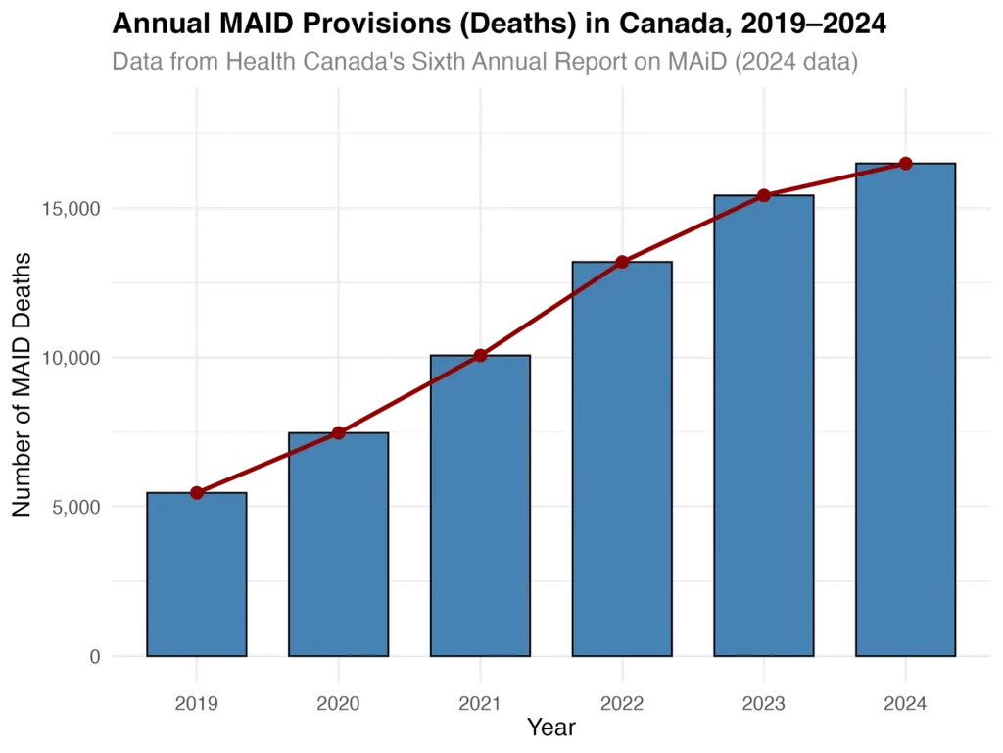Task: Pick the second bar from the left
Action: (338, 544)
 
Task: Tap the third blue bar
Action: (480, 505)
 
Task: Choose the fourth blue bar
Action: (622, 459)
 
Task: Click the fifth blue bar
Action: (764, 426)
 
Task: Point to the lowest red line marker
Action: (196, 492)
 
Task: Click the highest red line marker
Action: (905, 162)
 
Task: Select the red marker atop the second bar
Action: (338, 432)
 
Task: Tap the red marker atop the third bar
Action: (480, 355)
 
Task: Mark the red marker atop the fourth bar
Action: (622, 262)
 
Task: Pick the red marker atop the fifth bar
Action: (764, 194)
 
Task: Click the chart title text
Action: (485, 62)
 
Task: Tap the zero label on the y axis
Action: (94, 655)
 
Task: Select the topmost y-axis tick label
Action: (70, 208)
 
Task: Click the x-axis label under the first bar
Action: (196, 702)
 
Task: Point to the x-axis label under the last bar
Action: (905, 702)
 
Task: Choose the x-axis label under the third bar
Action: (480, 702)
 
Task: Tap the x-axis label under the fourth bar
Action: (622, 702)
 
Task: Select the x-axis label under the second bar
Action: (338, 702)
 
